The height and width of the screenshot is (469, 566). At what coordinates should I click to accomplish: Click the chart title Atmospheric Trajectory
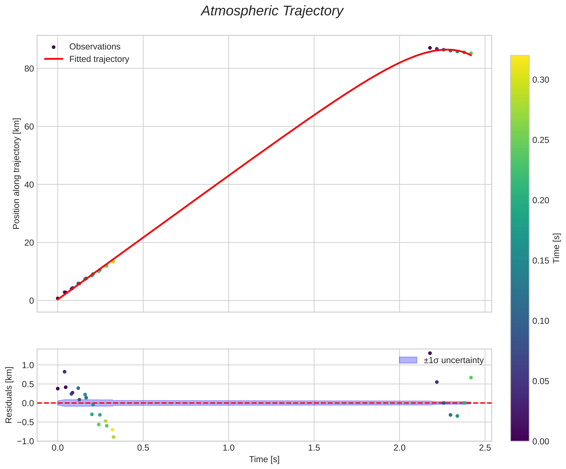[272, 11]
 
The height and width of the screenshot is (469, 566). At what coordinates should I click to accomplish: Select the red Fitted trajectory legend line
[54, 59]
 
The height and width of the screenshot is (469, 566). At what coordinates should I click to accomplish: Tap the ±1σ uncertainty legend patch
[408, 360]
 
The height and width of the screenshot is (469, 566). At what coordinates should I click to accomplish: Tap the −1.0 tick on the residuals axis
[25, 441]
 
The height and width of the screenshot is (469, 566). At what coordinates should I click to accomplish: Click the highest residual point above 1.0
[430, 353]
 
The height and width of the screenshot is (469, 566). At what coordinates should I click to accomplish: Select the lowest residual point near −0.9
[113, 437]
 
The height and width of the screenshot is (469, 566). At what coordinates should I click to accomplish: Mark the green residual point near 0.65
[471, 378]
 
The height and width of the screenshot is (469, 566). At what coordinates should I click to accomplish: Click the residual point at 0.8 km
[64, 371]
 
